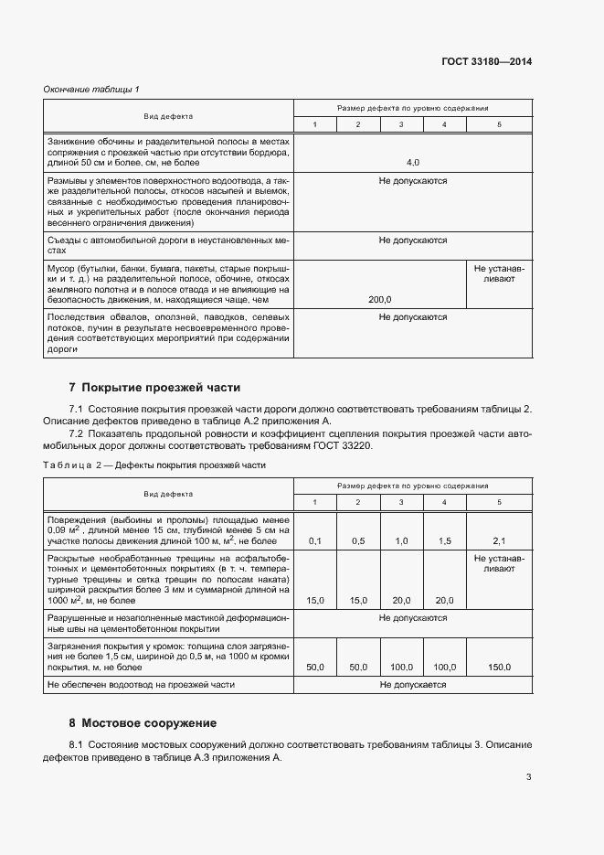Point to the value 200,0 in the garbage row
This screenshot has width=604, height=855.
[x=380, y=299]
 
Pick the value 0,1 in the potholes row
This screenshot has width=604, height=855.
[x=315, y=541]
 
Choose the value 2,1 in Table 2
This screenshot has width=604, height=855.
[x=499, y=541]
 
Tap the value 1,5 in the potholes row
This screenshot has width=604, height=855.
[x=445, y=541]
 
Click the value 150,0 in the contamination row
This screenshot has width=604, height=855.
[x=499, y=668]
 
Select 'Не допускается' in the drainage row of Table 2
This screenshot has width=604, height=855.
[x=412, y=684]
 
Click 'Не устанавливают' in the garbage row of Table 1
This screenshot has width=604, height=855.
[x=499, y=273]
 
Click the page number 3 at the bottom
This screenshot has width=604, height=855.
[x=528, y=777]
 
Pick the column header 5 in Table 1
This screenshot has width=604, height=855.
[x=499, y=124]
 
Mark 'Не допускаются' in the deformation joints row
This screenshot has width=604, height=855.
[x=412, y=618]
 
